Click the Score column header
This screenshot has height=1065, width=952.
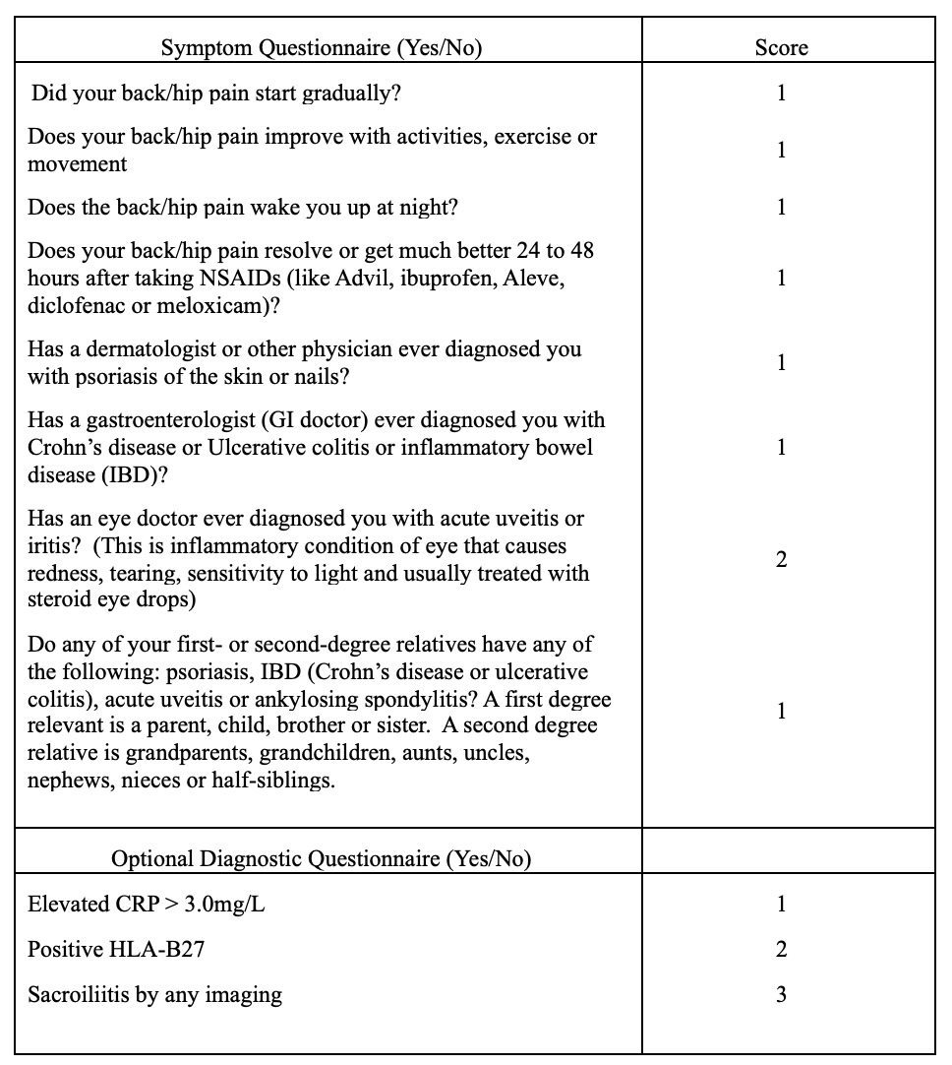point(781,47)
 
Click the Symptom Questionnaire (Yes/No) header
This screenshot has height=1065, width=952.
point(321,47)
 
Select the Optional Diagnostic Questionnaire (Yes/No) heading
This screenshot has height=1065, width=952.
point(321,858)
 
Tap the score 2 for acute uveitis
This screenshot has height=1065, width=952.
point(781,559)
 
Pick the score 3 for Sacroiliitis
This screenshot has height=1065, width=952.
point(781,994)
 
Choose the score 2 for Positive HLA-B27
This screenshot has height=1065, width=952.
point(781,949)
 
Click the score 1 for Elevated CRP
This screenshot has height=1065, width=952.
point(781,904)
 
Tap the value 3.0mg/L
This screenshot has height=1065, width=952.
point(224,904)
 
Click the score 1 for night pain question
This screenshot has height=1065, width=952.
point(781,207)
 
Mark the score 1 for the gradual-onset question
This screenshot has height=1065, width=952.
point(781,94)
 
